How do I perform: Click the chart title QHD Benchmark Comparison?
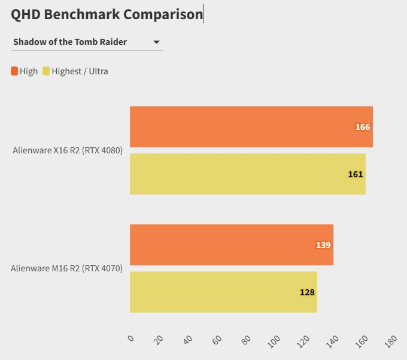click(107, 14)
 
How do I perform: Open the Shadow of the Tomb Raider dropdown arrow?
click(156, 42)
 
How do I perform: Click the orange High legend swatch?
click(14, 71)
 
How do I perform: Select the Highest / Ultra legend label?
click(80, 71)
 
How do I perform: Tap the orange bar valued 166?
click(251, 127)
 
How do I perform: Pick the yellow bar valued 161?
click(247, 174)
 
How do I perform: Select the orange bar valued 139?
click(231, 245)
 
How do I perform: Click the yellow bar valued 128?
click(223, 292)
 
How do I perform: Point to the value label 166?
click(363, 127)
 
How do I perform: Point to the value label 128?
click(307, 292)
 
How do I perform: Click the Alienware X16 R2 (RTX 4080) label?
click(68, 150)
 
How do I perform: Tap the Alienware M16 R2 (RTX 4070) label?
click(66, 268)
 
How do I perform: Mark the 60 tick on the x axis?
click(217, 340)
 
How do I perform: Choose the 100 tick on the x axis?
click(274, 341)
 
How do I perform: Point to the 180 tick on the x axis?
click(390, 341)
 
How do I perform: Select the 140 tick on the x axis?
click(332, 341)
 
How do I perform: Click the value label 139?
click(323, 245)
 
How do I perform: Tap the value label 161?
click(356, 174)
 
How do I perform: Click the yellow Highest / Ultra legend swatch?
click(46, 71)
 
